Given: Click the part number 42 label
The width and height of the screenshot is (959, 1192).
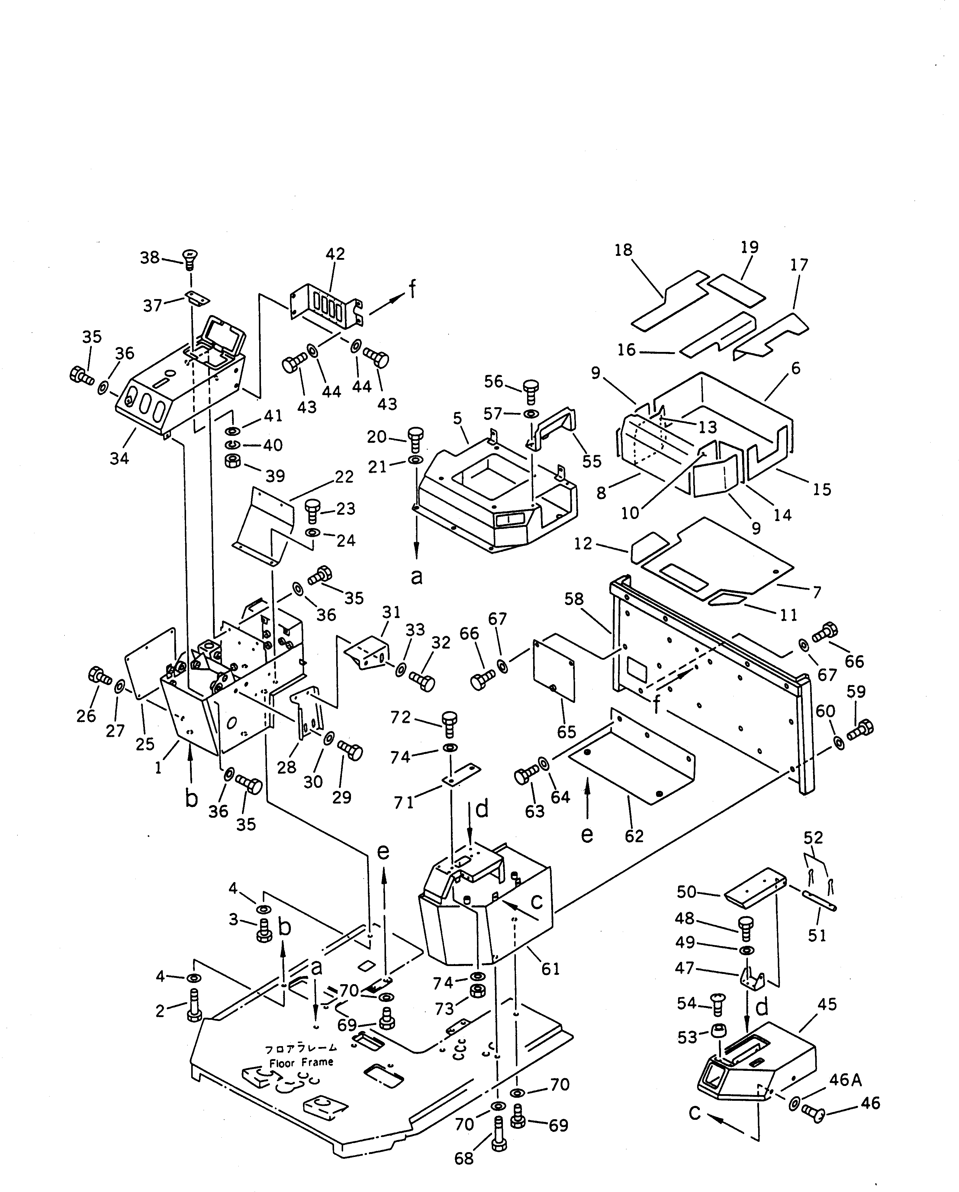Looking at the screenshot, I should click(335, 254).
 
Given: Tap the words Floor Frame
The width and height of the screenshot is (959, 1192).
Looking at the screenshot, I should click(301, 1062).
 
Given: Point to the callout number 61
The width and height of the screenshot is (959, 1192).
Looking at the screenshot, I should click(551, 969).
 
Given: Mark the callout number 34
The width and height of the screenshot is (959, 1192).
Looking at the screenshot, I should click(119, 458).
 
